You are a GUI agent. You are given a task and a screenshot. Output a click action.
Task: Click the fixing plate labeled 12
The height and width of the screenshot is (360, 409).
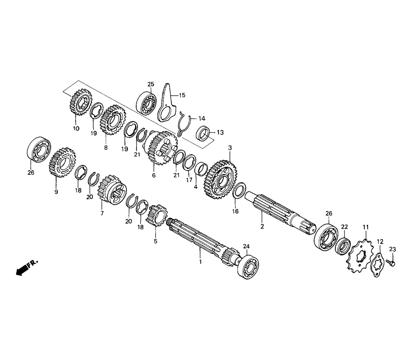(x=377, y=264)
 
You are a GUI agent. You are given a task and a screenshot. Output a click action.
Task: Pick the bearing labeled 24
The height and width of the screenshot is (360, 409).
(x=248, y=266)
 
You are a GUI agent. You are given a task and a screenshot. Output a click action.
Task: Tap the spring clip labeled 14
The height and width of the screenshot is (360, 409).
(x=185, y=123)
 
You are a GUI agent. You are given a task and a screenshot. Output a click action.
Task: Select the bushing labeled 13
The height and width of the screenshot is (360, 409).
(x=203, y=133)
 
